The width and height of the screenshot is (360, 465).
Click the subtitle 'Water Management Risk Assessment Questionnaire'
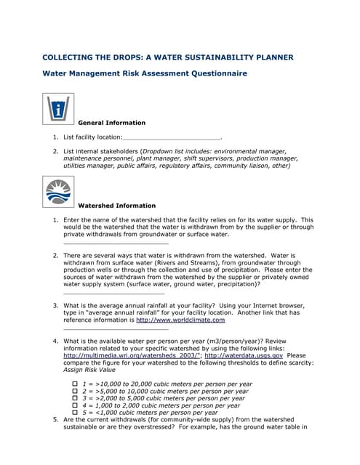coord(145,73)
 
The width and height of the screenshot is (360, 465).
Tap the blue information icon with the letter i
coord(58,110)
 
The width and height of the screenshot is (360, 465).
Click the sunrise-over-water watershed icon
coord(58,192)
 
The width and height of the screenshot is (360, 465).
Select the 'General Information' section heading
coord(111,123)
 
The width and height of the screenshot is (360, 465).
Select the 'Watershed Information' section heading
coord(116,206)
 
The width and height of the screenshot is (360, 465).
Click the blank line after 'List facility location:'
coord(172,137)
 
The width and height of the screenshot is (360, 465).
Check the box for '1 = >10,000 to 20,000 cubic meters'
coord(75,384)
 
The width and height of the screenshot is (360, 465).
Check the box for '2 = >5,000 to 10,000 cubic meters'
coord(75,391)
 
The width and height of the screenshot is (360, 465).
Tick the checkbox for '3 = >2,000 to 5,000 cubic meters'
coord(75,398)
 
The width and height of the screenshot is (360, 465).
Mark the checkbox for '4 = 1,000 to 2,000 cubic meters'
coord(75,405)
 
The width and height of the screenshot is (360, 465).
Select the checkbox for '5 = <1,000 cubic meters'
coord(75,413)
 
